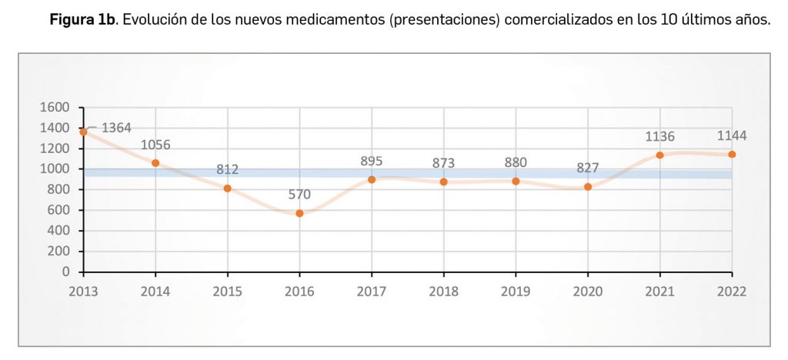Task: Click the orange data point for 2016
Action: (x=299, y=213)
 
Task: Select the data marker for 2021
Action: (x=659, y=155)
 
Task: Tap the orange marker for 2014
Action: (x=155, y=163)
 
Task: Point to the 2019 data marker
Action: (x=516, y=181)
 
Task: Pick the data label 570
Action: (x=299, y=194)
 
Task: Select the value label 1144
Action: (x=731, y=135)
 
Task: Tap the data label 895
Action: (x=371, y=161)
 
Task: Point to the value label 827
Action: (x=587, y=168)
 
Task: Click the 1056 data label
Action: (x=155, y=145)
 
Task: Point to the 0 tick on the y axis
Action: (x=65, y=272)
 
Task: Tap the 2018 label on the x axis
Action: (x=443, y=292)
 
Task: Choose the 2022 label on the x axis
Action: (x=731, y=292)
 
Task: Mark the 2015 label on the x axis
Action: (x=227, y=292)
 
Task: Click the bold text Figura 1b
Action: (x=82, y=20)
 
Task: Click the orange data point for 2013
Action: (x=84, y=132)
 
